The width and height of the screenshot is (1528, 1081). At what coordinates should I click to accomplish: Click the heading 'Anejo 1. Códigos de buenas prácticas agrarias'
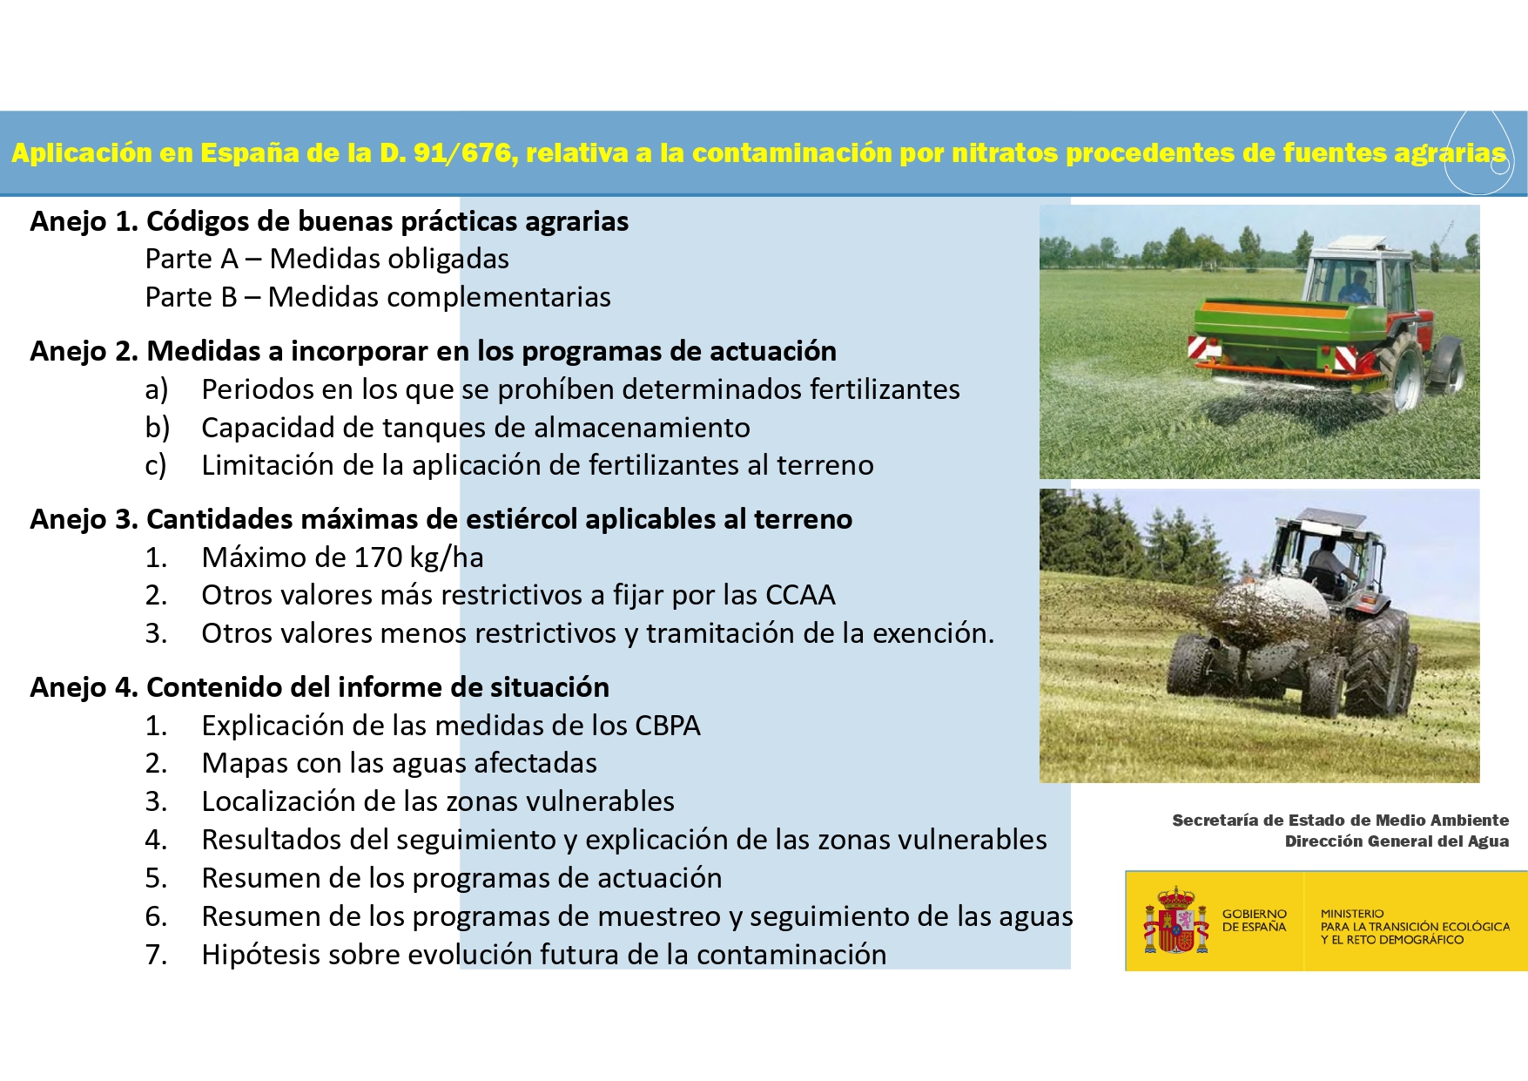tap(329, 222)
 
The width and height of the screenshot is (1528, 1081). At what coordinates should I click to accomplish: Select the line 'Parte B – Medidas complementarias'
tap(378, 297)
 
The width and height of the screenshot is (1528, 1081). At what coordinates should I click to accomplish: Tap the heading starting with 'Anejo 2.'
tap(433, 351)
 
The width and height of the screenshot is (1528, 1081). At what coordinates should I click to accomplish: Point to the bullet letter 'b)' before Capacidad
tap(157, 428)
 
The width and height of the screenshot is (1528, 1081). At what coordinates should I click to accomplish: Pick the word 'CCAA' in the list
tap(799, 595)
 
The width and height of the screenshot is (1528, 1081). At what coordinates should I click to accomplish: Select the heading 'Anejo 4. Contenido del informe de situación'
tap(320, 687)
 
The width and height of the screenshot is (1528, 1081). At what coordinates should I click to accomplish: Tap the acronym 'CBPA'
tap(667, 726)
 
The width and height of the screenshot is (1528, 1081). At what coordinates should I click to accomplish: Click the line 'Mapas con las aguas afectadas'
tap(399, 763)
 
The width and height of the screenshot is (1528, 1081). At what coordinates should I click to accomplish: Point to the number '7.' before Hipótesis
tap(156, 955)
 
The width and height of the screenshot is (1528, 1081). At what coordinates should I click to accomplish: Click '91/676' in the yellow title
tap(461, 153)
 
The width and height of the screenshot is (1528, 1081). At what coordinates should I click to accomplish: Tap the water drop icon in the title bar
tap(1479, 153)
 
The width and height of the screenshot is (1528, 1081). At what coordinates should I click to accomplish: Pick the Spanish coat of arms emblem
tap(1175, 920)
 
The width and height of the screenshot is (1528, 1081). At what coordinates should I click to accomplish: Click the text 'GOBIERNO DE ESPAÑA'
tap(1254, 921)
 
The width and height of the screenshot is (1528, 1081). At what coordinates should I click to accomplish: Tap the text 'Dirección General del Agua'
tap(1397, 841)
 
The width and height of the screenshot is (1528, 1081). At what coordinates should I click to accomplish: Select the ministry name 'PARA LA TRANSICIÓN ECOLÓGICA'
tap(1415, 927)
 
